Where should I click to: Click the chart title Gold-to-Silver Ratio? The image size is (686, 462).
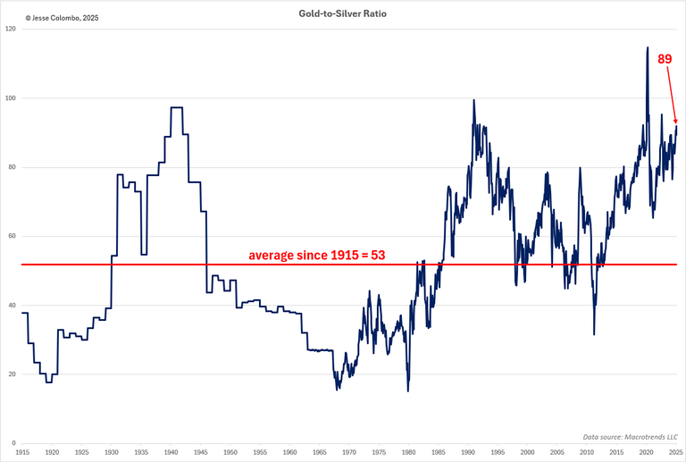coord(343,15)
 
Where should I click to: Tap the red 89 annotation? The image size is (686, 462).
coord(665,59)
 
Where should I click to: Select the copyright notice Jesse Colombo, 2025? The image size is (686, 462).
coord(62,17)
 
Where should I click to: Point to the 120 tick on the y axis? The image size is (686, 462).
coord(11,29)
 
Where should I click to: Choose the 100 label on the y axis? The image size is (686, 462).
coord(11,98)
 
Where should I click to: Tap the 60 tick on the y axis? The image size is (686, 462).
coord(13,237)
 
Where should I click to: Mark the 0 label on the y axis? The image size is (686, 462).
coord(14,443)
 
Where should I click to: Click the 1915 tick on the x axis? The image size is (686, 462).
coord(22,453)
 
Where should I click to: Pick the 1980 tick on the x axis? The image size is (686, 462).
coord(408,453)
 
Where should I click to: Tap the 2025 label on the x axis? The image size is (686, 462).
coord(675,453)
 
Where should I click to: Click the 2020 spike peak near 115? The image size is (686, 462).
coord(647,47)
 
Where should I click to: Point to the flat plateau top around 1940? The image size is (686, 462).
coord(176,107)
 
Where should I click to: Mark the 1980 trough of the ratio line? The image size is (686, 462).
coord(408,391)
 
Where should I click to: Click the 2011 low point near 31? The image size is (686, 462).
coord(594,335)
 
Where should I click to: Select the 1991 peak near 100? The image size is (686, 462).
coord(473,99)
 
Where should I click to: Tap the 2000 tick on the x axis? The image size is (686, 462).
coord(527,453)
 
